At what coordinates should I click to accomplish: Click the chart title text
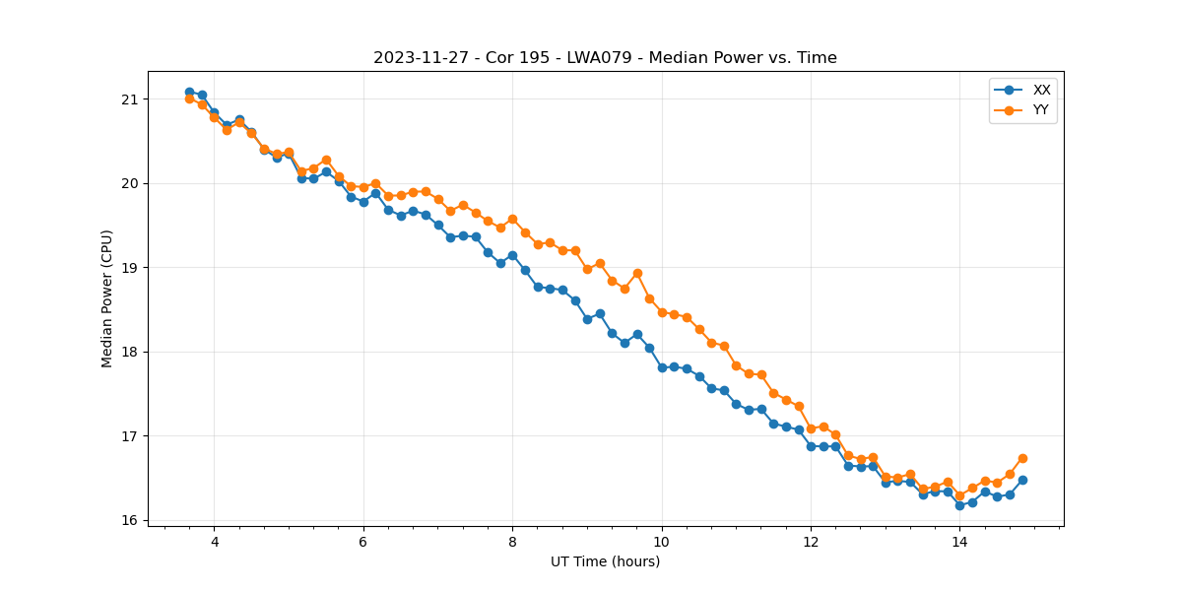pos(605,58)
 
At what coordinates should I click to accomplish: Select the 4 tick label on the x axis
pos(215,542)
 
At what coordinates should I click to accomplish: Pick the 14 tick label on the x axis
pos(959,542)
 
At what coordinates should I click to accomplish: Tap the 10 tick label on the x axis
pos(662,542)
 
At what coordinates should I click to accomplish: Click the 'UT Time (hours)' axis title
pos(605,562)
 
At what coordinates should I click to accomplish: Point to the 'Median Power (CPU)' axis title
pos(107,298)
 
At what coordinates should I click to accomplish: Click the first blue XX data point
pos(189,93)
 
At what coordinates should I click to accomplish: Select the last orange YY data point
pos(1022,458)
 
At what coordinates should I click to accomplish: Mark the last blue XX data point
pos(1022,480)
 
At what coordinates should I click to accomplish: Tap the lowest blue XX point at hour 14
pos(959,505)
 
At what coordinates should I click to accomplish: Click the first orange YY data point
pos(189,98)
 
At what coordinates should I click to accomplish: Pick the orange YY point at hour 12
pos(811,428)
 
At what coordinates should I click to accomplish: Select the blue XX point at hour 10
pos(662,367)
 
